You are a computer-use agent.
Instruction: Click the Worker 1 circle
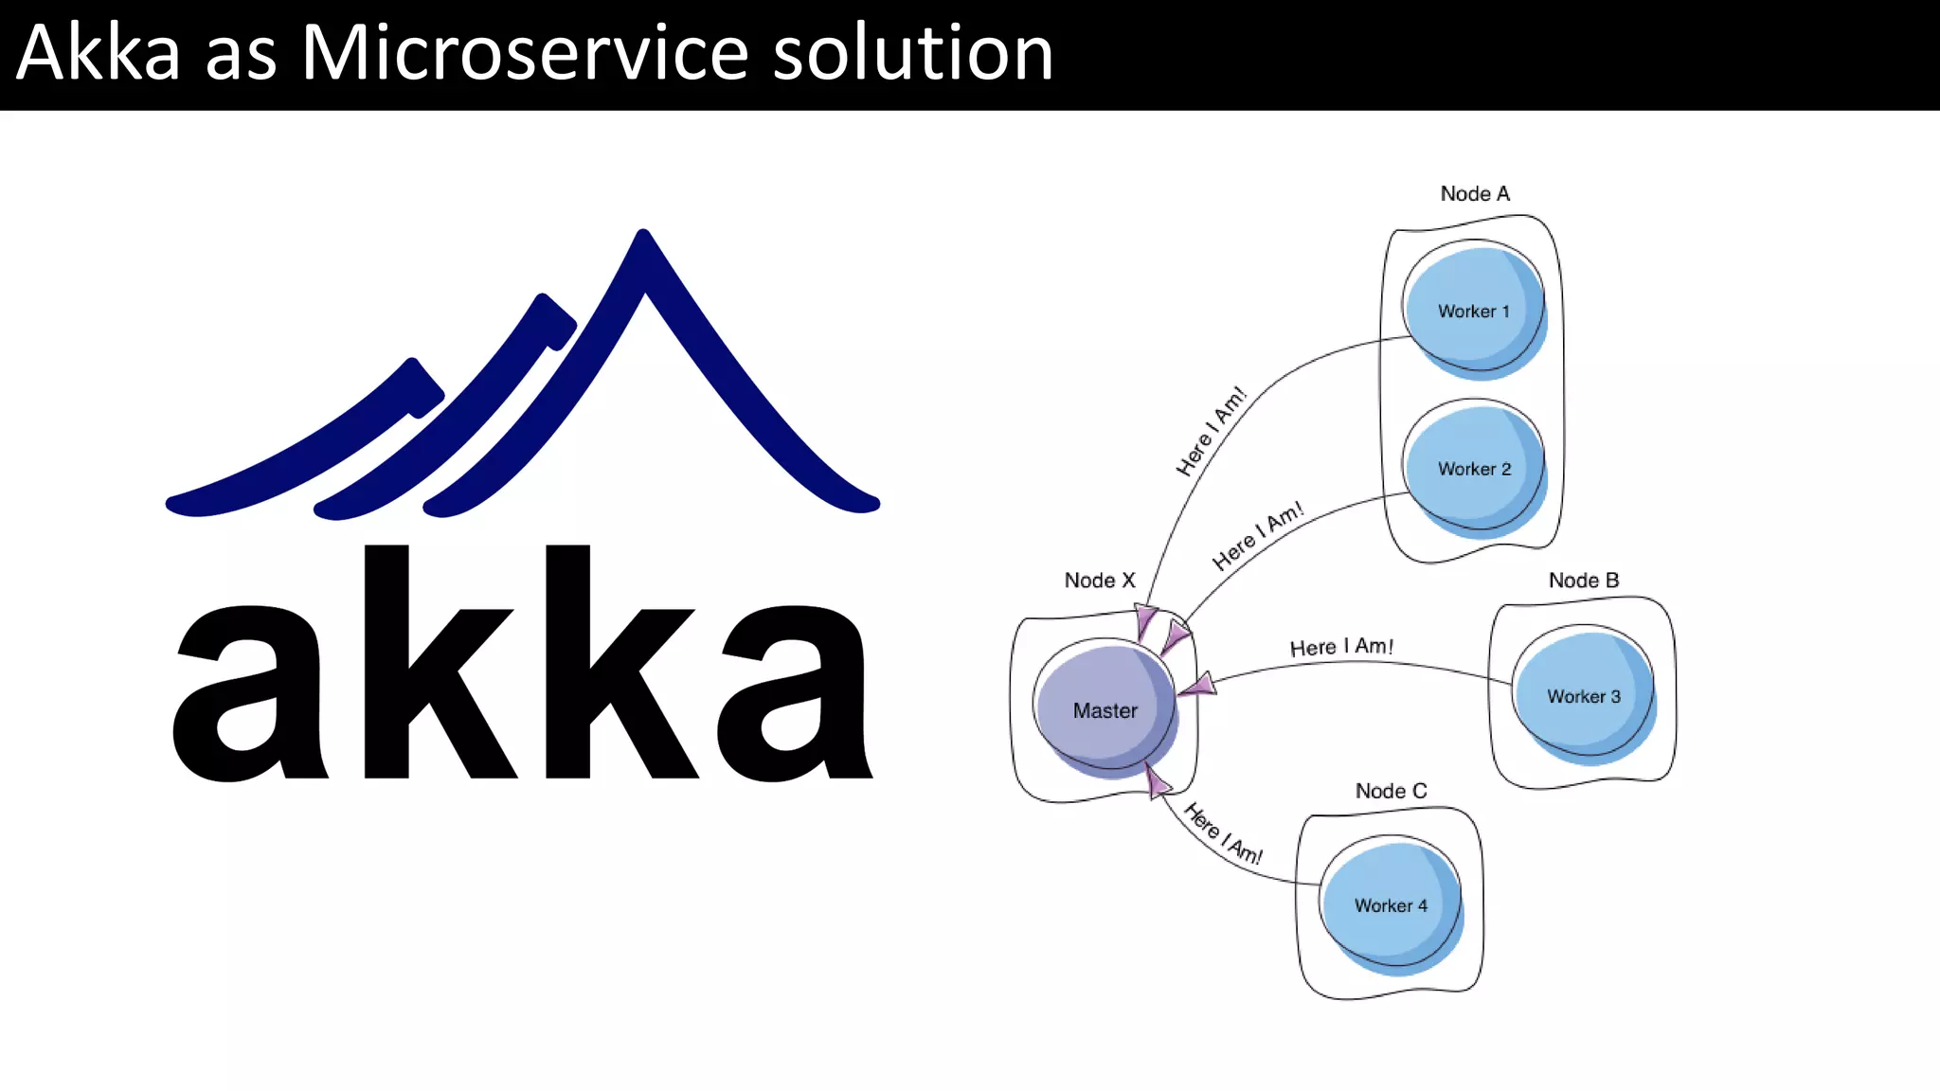pos(1474,311)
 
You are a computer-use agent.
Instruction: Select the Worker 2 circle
pos(1474,469)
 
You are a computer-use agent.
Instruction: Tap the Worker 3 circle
pos(1583,696)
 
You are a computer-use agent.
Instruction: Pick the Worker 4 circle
pos(1391,905)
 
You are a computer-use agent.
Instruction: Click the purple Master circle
pos(1105,710)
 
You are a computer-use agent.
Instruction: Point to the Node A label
pos(1475,194)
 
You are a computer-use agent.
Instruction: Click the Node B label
pos(1583,581)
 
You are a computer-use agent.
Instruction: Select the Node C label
pos(1391,791)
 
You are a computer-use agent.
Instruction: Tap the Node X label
pos(1099,581)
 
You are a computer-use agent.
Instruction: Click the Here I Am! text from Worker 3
pos(1341,647)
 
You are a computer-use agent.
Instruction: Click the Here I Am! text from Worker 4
pos(1223,834)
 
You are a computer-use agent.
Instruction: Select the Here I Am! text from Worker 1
pos(1211,431)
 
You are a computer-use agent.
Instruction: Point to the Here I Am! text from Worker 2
pos(1257,536)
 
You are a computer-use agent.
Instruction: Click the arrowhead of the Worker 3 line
pos(1199,686)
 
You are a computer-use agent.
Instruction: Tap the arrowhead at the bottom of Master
pos(1157,782)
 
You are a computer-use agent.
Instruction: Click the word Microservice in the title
pos(526,53)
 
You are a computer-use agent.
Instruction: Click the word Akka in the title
pos(99,53)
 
